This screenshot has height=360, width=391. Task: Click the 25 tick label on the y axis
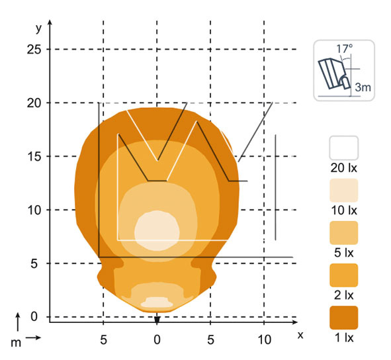pyautogui.click(x=34, y=50)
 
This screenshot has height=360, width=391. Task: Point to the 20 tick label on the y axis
pyautogui.click(x=34, y=103)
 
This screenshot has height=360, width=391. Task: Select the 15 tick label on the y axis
pyautogui.click(x=34, y=157)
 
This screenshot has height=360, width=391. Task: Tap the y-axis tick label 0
pyautogui.click(x=34, y=316)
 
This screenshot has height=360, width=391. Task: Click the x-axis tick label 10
pyautogui.click(x=265, y=339)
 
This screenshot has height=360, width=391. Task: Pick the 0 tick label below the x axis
pyautogui.click(x=157, y=339)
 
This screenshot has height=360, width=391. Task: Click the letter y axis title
pyautogui.click(x=38, y=28)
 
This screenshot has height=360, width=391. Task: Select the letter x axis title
pyautogui.click(x=300, y=335)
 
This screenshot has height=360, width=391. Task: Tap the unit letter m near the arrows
pyautogui.click(x=16, y=343)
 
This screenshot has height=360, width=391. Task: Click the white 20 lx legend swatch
pyautogui.click(x=344, y=148)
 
